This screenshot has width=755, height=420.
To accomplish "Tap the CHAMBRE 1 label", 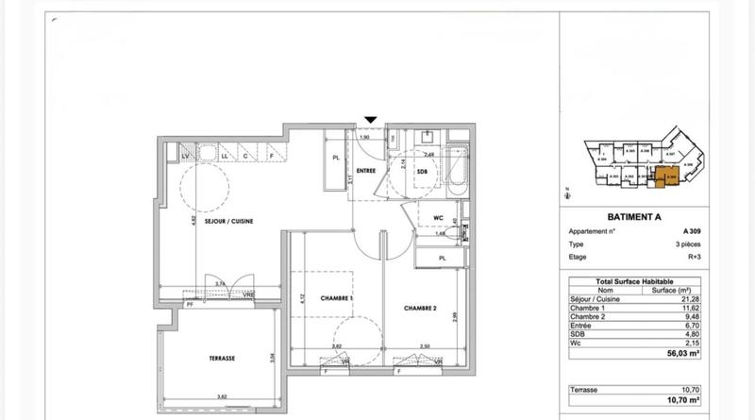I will coord(338,298).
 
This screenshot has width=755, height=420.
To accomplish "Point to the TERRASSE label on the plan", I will coord(222,359).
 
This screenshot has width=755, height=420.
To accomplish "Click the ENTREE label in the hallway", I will coord(366,171).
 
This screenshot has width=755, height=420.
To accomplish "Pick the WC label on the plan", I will coord(438,217).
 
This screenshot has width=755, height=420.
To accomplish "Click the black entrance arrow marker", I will coord(371,119).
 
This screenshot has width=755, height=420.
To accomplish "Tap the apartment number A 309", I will coord(692,231).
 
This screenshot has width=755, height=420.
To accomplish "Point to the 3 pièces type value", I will coord(686,243).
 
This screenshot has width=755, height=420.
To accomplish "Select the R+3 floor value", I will coord(693,255).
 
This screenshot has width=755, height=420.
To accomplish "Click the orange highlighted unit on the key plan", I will coord(670,174).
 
